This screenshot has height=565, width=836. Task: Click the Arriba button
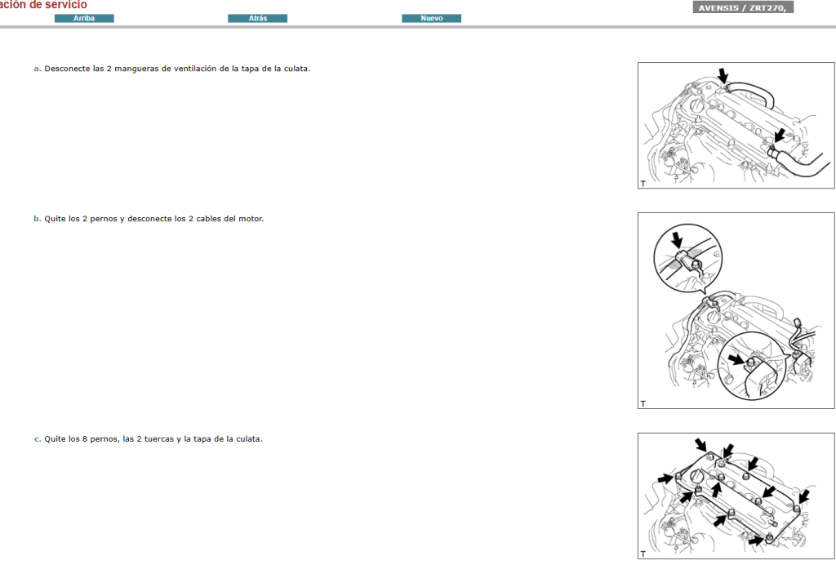(84, 18)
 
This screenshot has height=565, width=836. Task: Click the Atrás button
(257, 18)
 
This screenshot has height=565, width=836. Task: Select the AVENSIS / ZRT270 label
(743, 7)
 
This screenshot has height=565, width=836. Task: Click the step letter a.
(37, 69)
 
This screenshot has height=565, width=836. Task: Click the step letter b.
(37, 219)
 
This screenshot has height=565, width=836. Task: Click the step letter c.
(37, 439)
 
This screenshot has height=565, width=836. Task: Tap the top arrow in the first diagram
(723, 76)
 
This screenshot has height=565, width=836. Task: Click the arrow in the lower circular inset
(736, 358)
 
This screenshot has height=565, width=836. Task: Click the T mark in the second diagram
(643, 403)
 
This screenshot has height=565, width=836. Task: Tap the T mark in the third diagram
(643, 554)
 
